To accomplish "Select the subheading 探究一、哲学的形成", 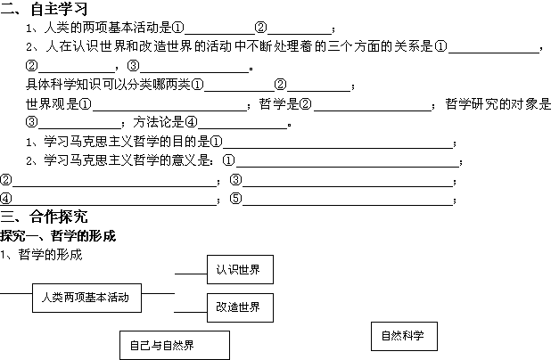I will (x=59, y=236).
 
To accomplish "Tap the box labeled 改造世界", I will (x=240, y=307).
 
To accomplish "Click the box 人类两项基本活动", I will (x=86, y=298).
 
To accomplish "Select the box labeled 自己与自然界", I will (x=174, y=345).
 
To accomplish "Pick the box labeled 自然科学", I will (x=402, y=336).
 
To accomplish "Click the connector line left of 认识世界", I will (x=190, y=274).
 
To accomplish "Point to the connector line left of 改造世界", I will (x=190, y=312).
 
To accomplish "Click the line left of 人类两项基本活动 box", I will (x=15, y=292).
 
